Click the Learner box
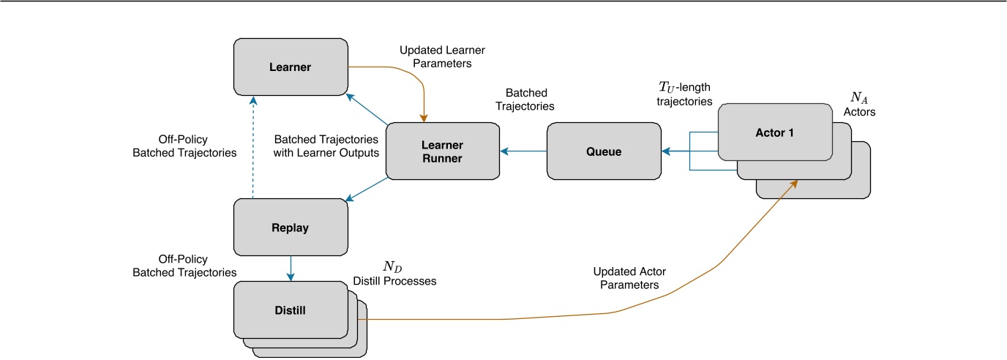[290, 67]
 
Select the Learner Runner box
[443, 151]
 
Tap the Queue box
[604, 151]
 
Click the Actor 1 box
[775, 132]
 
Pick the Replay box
[290, 228]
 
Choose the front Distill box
[290, 310]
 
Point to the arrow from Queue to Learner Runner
[523, 151]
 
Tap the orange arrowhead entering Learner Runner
[423, 116]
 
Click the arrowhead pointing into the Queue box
[667, 151]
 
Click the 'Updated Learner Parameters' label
[442, 57]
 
